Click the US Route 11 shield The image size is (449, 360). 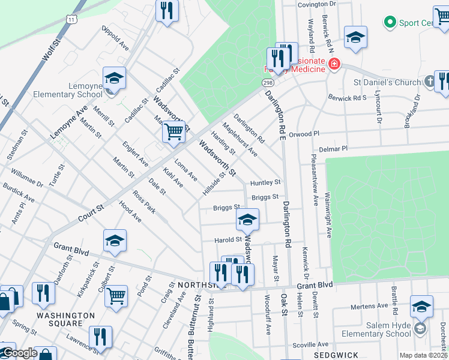(x=71, y=19)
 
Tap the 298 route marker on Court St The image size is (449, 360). (x=268, y=82)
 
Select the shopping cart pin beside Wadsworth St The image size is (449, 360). (x=173, y=131)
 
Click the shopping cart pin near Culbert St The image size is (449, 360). (x=116, y=295)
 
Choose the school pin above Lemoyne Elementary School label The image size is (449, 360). (x=114, y=78)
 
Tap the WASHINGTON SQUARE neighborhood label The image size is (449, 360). (x=65, y=319)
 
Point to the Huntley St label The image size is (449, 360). (x=265, y=182)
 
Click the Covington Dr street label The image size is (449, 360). (x=318, y=4)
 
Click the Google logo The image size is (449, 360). (x=20, y=353)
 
